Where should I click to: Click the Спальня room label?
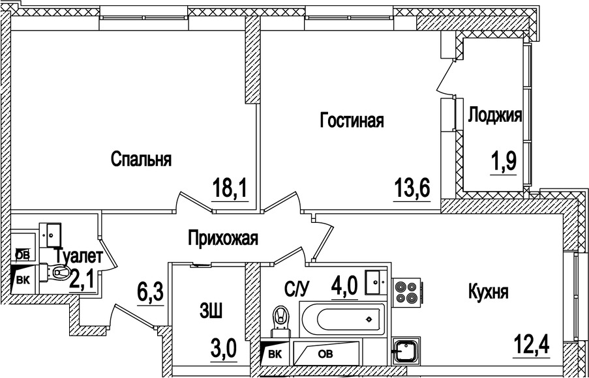click(141, 159)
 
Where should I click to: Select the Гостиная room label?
click(351, 121)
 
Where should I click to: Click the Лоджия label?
click(495, 116)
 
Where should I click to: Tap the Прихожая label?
click(222, 238)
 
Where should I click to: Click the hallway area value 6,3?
click(147, 289)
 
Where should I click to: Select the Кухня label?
click(488, 292)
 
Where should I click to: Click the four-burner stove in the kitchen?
click(406, 291)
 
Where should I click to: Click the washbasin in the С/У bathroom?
click(376, 282)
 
